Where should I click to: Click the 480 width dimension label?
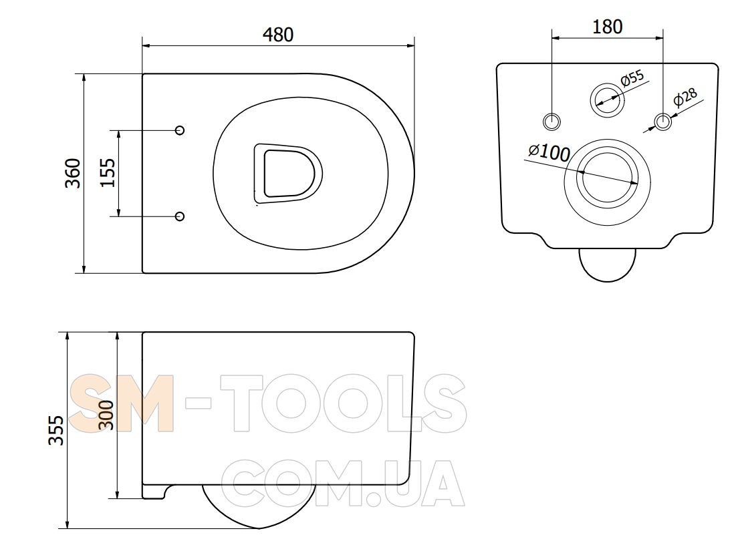tap(278, 35)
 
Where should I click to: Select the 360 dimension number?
tap(73, 173)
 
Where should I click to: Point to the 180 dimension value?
tap(608, 27)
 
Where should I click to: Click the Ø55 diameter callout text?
tap(632, 78)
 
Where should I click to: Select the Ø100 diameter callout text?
tap(549, 152)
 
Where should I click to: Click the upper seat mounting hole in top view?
tap(180, 130)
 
